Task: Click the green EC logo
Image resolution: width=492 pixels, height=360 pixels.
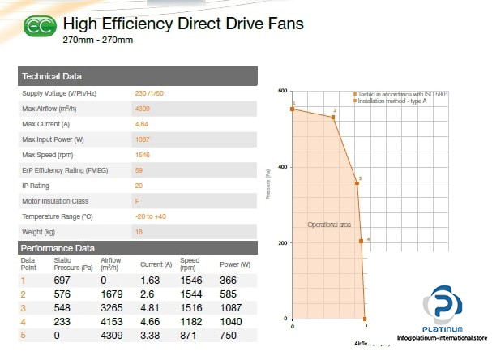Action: click(40, 28)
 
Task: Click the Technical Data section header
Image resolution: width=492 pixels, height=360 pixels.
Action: click(52, 77)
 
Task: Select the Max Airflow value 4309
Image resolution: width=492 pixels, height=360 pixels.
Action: click(143, 109)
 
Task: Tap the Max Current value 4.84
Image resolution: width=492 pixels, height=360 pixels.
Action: click(141, 124)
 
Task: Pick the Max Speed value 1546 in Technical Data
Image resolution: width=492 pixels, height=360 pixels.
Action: click(142, 155)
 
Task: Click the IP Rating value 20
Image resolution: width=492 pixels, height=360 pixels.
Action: click(139, 186)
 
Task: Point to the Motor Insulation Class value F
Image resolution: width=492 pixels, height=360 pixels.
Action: click(137, 201)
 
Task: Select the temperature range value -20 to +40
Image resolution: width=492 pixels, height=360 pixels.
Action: click(150, 216)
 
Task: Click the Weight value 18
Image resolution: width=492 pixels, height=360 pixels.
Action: click(139, 232)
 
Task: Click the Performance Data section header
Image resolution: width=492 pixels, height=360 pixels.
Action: click(58, 248)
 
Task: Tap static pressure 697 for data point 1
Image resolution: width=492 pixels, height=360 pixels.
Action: click(62, 280)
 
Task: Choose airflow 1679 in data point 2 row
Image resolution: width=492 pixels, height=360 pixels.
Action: click(111, 294)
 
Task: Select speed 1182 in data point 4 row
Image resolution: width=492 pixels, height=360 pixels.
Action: click(190, 321)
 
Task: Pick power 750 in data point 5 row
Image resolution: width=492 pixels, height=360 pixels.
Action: click(229, 335)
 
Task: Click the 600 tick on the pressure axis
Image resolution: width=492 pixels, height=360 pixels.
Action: click(283, 91)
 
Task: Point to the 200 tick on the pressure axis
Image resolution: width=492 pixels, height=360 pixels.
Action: click(283, 243)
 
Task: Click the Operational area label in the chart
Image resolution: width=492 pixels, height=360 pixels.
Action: click(329, 225)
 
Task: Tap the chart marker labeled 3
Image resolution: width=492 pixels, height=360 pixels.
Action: click(357, 183)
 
